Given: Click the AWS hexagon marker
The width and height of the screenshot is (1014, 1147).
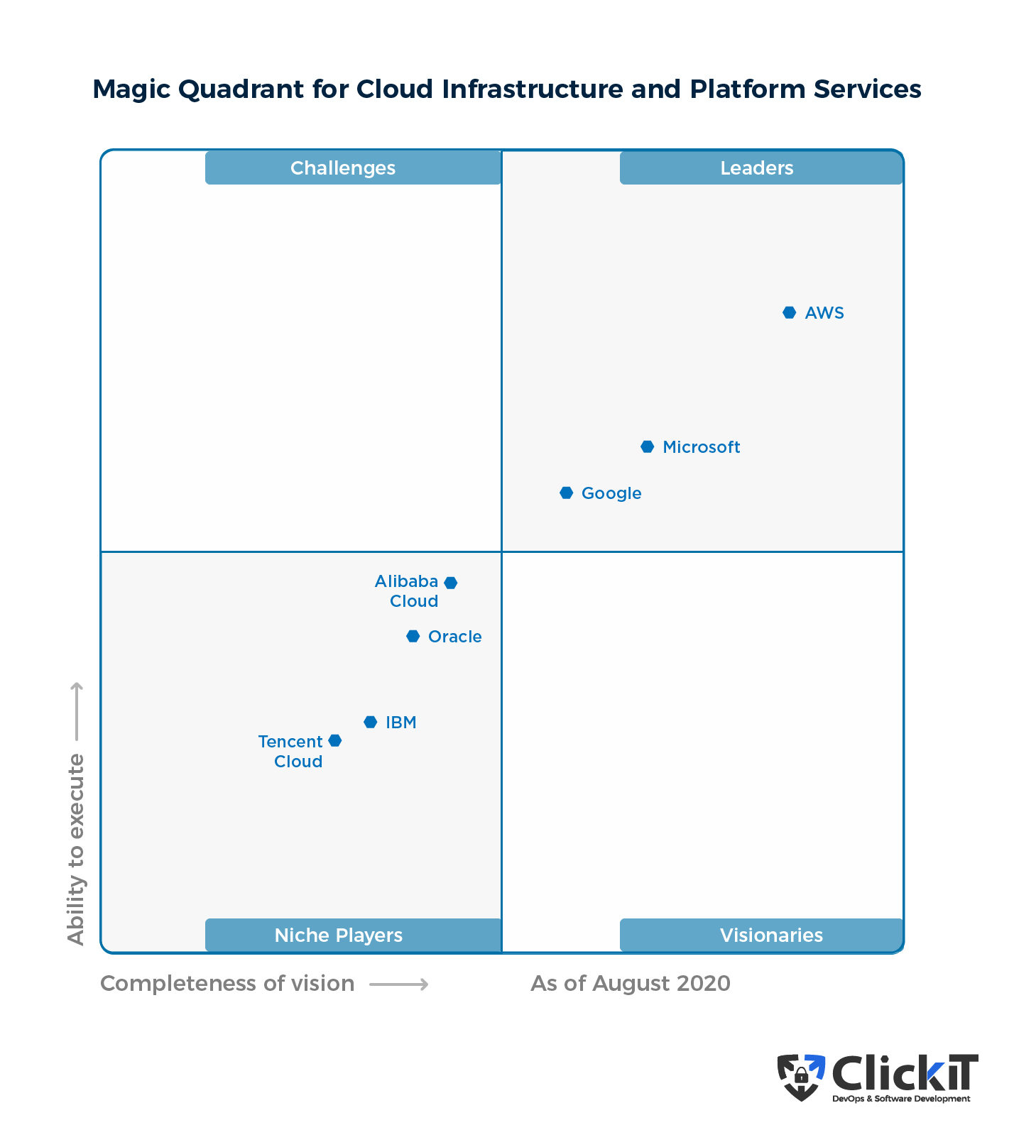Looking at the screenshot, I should tap(789, 313).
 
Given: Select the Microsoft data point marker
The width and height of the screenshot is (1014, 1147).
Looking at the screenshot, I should tap(647, 447).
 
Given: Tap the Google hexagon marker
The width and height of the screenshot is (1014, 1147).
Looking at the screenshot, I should tap(566, 493).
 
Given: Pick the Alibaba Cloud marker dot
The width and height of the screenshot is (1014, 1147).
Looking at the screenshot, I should tap(450, 583).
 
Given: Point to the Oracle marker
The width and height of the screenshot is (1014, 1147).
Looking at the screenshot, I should tap(413, 637).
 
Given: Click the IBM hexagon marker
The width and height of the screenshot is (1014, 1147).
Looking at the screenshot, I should tap(370, 723).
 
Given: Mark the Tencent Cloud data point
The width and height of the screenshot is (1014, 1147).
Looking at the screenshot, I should tap(335, 741).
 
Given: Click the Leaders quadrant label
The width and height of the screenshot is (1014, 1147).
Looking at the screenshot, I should tap(757, 168).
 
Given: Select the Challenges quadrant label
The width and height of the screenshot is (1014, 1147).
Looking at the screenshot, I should tap(343, 168).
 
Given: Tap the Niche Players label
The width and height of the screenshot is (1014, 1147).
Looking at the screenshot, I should tap(339, 935).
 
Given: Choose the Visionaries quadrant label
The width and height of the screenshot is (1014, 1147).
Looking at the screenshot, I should tap(771, 935).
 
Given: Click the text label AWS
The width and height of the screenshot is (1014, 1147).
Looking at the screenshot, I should tap(824, 313).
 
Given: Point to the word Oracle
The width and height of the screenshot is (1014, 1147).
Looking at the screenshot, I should tap(454, 637).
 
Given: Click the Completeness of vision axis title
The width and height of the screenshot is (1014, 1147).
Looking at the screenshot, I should tap(227, 984).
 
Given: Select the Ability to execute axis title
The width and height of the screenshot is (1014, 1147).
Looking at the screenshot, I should tap(75, 849).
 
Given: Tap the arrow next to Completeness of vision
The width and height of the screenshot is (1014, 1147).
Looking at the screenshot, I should tap(399, 984).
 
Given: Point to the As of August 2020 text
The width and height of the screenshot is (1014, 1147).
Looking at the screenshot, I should tap(630, 984).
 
